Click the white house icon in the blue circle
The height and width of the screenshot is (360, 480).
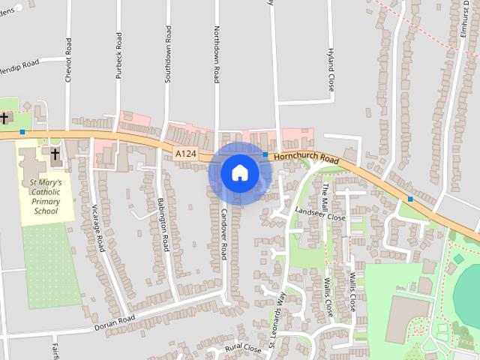tap(239, 173)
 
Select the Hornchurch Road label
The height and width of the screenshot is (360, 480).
tap(307, 157)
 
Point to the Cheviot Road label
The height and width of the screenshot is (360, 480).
tap(68, 59)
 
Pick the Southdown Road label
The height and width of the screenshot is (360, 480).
tap(168, 54)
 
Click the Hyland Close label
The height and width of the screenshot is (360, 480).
tap(330, 69)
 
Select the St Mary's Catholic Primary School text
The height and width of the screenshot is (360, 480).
tap(46, 196)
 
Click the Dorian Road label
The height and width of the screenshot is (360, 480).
tap(115, 323)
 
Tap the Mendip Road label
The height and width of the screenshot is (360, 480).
tap(19, 64)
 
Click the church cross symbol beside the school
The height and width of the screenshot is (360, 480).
tap(55, 154)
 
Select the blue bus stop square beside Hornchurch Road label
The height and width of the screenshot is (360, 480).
tap(265, 154)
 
